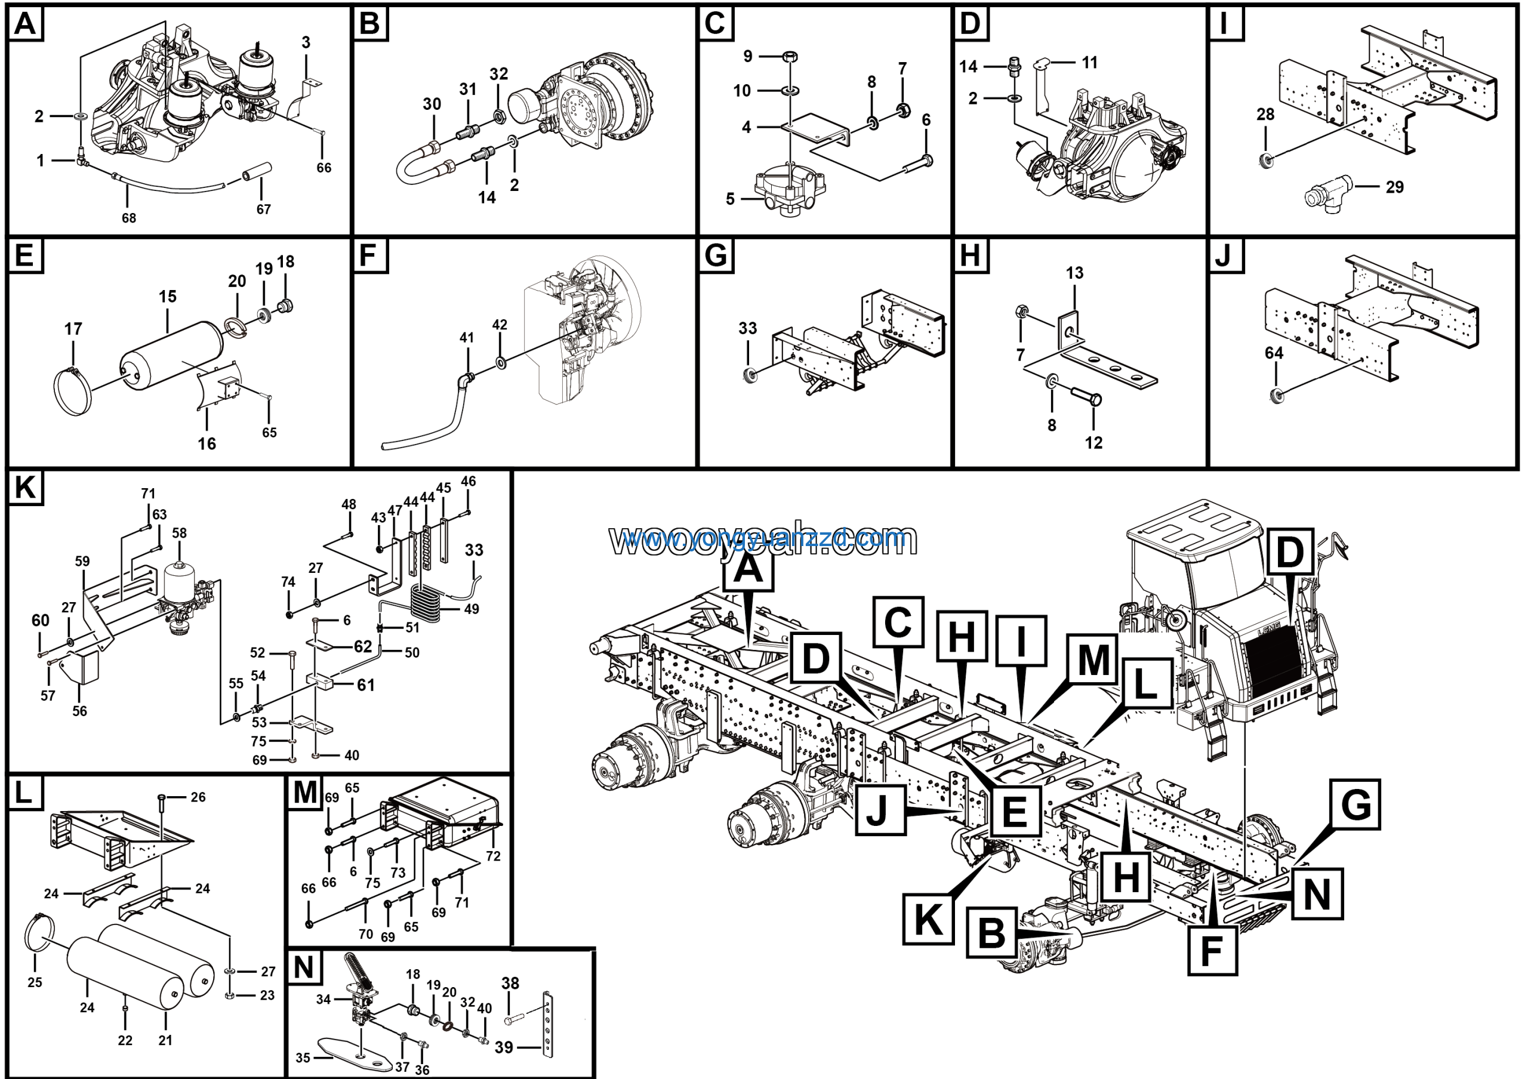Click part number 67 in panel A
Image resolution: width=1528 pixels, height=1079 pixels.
point(264,209)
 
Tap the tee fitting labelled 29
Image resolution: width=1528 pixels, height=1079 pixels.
point(1327,196)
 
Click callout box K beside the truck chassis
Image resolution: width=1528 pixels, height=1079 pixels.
point(928,919)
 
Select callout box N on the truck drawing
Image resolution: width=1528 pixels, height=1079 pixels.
point(1316,894)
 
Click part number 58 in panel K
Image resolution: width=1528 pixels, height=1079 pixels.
point(179,533)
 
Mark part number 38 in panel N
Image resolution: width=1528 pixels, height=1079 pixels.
point(510,983)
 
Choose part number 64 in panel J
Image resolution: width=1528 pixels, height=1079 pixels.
point(1273,353)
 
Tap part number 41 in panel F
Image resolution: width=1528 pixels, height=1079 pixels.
point(467,337)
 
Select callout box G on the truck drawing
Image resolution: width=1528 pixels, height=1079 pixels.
point(1356,804)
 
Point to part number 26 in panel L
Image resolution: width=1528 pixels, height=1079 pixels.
point(198,797)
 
